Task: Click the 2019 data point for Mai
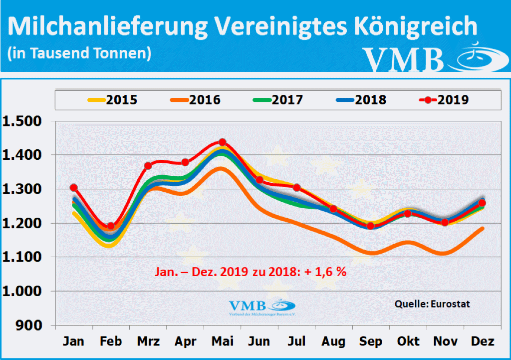coord(223,142)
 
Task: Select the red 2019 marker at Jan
coord(74,188)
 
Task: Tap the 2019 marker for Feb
coord(111,226)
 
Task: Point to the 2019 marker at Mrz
coord(148,166)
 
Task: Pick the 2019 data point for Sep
coord(371,226)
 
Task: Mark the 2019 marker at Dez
coord(482,203)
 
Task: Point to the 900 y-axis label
coord(30,325)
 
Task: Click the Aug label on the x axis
coord(333,342)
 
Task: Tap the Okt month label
coord(408,342)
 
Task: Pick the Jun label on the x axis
coord(259,342)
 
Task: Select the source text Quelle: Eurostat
coord(432,304)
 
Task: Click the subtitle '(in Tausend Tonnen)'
coord(79,53)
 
